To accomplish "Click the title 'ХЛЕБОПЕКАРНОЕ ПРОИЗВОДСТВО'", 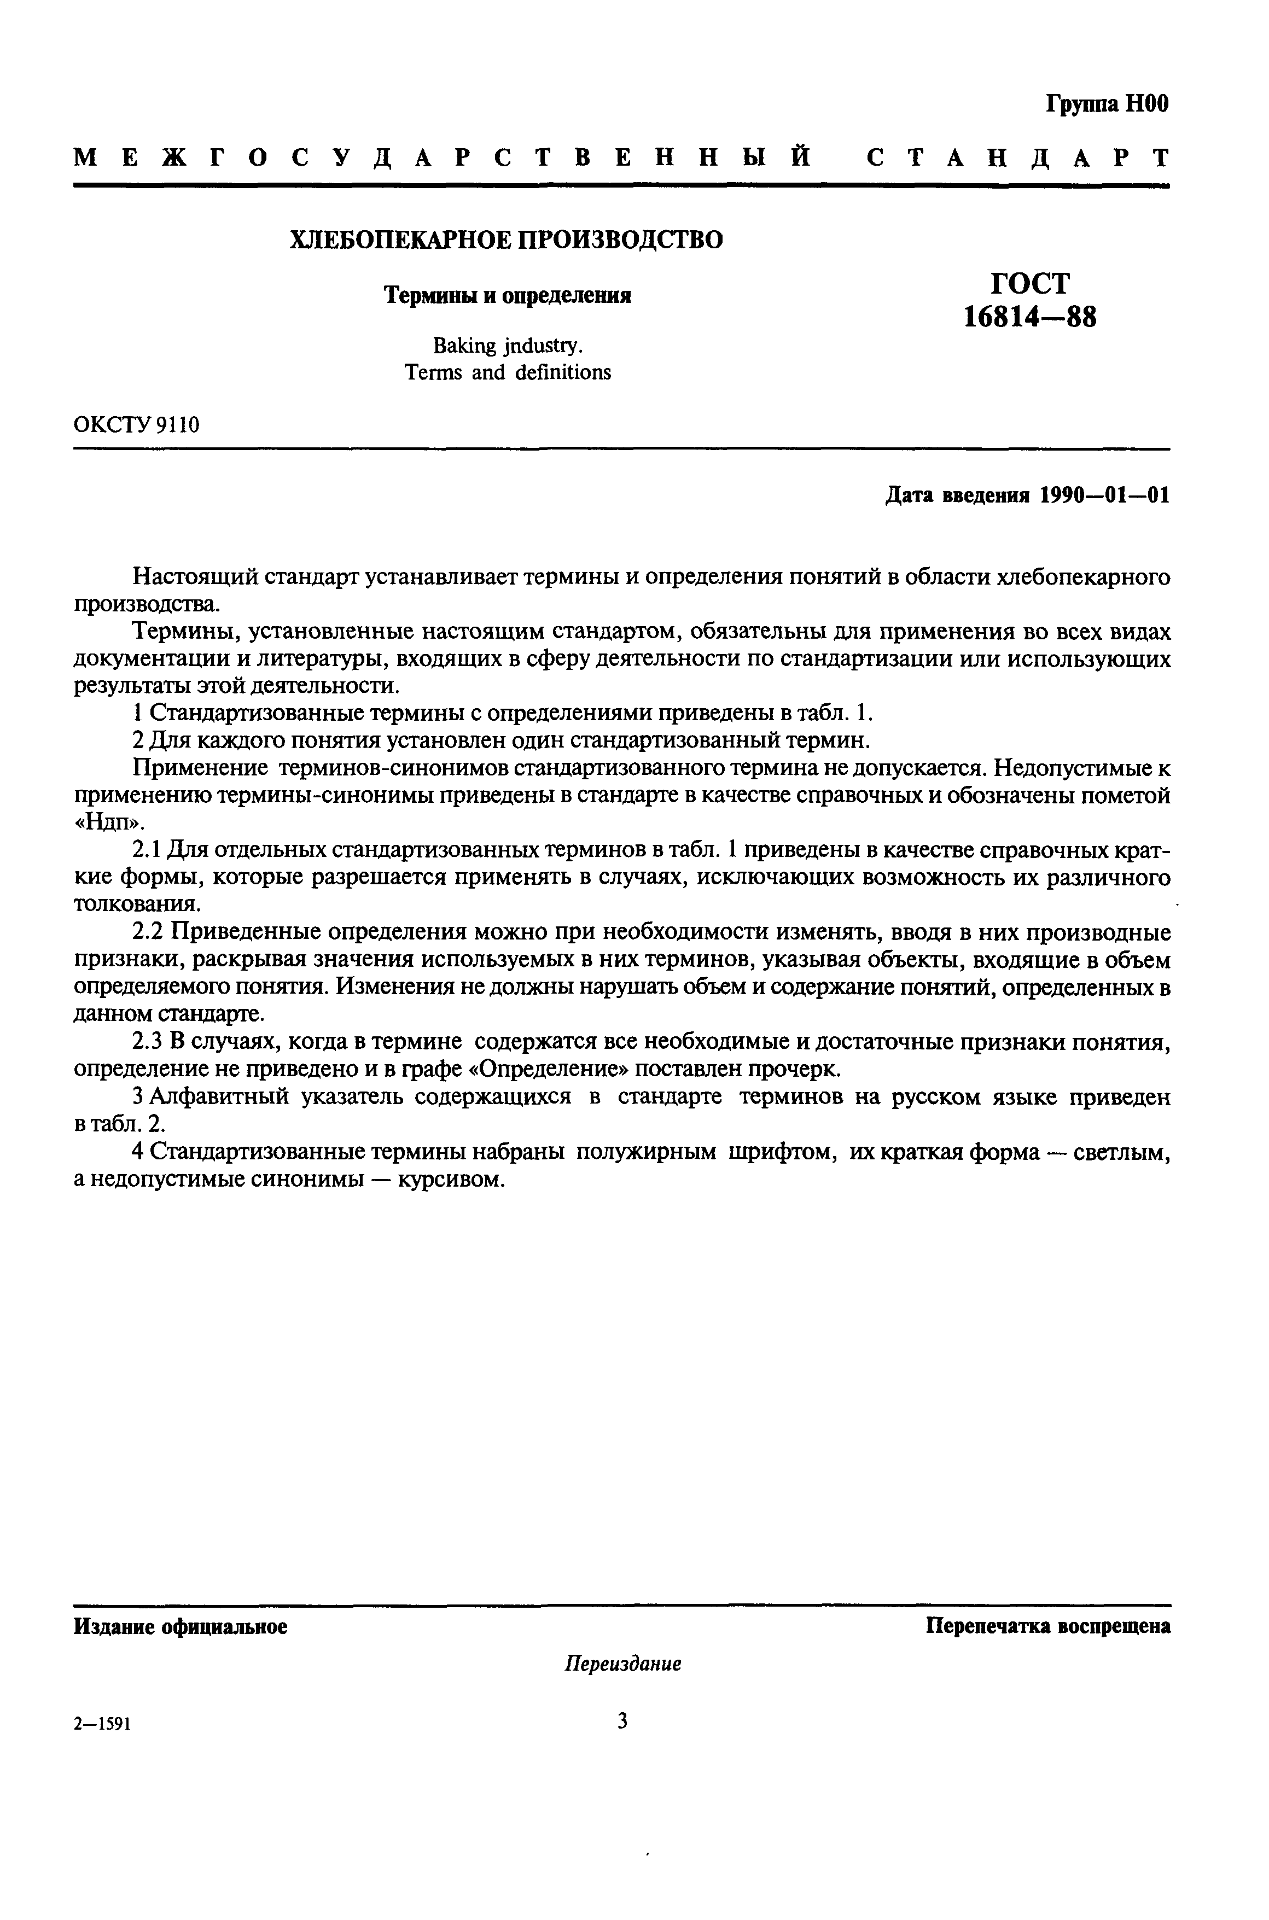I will pyautogui.click(x=507, y=240).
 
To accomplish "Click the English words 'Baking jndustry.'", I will pyautogui.click(x=508, y=346).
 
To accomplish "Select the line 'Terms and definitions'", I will pyautogui.click(x=508, y=372).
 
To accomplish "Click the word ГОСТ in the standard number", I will pyautogui.click(x=1029, y=284).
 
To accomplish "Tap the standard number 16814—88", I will pyautogui.click(x=1029, y=317).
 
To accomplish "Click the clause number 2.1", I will pyautogui.click(x=148, y=850).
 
